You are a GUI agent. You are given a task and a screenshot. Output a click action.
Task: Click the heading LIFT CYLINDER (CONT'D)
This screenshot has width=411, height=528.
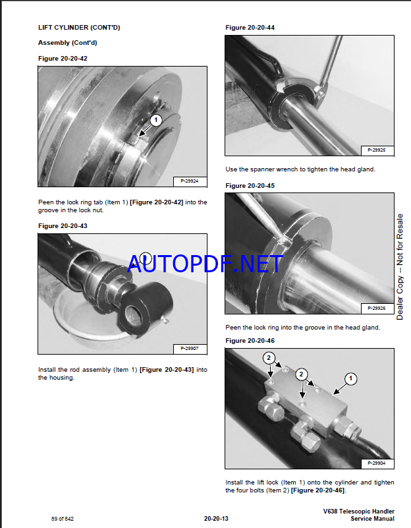(79, 28)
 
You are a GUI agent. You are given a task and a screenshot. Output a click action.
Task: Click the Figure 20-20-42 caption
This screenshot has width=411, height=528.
(63, 59)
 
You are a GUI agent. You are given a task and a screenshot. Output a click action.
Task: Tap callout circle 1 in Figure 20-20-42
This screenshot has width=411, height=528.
(155, 120)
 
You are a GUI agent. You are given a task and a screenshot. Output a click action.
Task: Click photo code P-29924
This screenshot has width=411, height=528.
(190, 181)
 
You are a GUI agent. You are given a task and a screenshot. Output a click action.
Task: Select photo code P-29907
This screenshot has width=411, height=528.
(190, 349)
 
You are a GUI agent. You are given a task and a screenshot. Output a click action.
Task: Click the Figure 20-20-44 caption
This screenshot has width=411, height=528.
(250, 28)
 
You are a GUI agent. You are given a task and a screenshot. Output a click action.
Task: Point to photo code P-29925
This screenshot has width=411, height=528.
(377, 150)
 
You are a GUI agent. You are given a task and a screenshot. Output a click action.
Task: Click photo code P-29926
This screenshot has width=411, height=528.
(377, 308)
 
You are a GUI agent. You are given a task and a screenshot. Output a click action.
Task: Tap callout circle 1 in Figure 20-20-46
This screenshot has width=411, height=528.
(350, 378)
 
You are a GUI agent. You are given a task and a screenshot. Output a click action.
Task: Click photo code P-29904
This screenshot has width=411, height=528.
(377, 463)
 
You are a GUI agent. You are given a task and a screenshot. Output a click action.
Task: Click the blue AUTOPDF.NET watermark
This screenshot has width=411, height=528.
(205, 264)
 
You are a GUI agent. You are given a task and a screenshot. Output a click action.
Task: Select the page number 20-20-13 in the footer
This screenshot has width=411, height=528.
(216, 519)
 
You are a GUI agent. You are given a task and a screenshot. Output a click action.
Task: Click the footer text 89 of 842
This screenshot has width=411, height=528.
(62, 519)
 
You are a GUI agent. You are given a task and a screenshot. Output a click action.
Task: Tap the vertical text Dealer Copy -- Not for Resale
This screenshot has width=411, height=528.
(400, 267)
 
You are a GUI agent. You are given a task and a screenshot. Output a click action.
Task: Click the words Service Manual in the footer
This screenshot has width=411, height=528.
(372, 519)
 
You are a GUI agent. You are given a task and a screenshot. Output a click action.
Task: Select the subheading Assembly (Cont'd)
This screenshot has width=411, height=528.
(68, 43)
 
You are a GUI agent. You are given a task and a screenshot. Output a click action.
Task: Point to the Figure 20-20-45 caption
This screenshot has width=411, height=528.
(250, 186)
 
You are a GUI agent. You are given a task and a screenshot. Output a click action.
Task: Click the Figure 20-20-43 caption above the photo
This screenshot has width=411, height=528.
(63, 226)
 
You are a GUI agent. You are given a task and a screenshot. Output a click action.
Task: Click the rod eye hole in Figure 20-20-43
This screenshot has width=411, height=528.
(134, 316)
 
